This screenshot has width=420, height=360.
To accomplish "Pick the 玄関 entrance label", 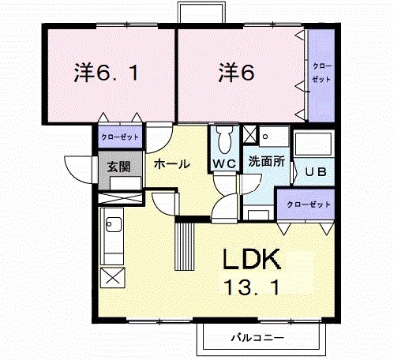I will (x=120, y=167).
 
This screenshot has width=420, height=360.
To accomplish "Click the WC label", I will (x=223, y=164).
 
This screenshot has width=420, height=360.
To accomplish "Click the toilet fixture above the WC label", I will (x=223, y=141).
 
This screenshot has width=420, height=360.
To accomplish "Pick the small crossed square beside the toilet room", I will (x=249, y=133).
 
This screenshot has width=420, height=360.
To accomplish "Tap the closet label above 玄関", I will (x=120, y=137).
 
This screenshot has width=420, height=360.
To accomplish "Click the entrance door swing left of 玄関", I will (x=79, y=169).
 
